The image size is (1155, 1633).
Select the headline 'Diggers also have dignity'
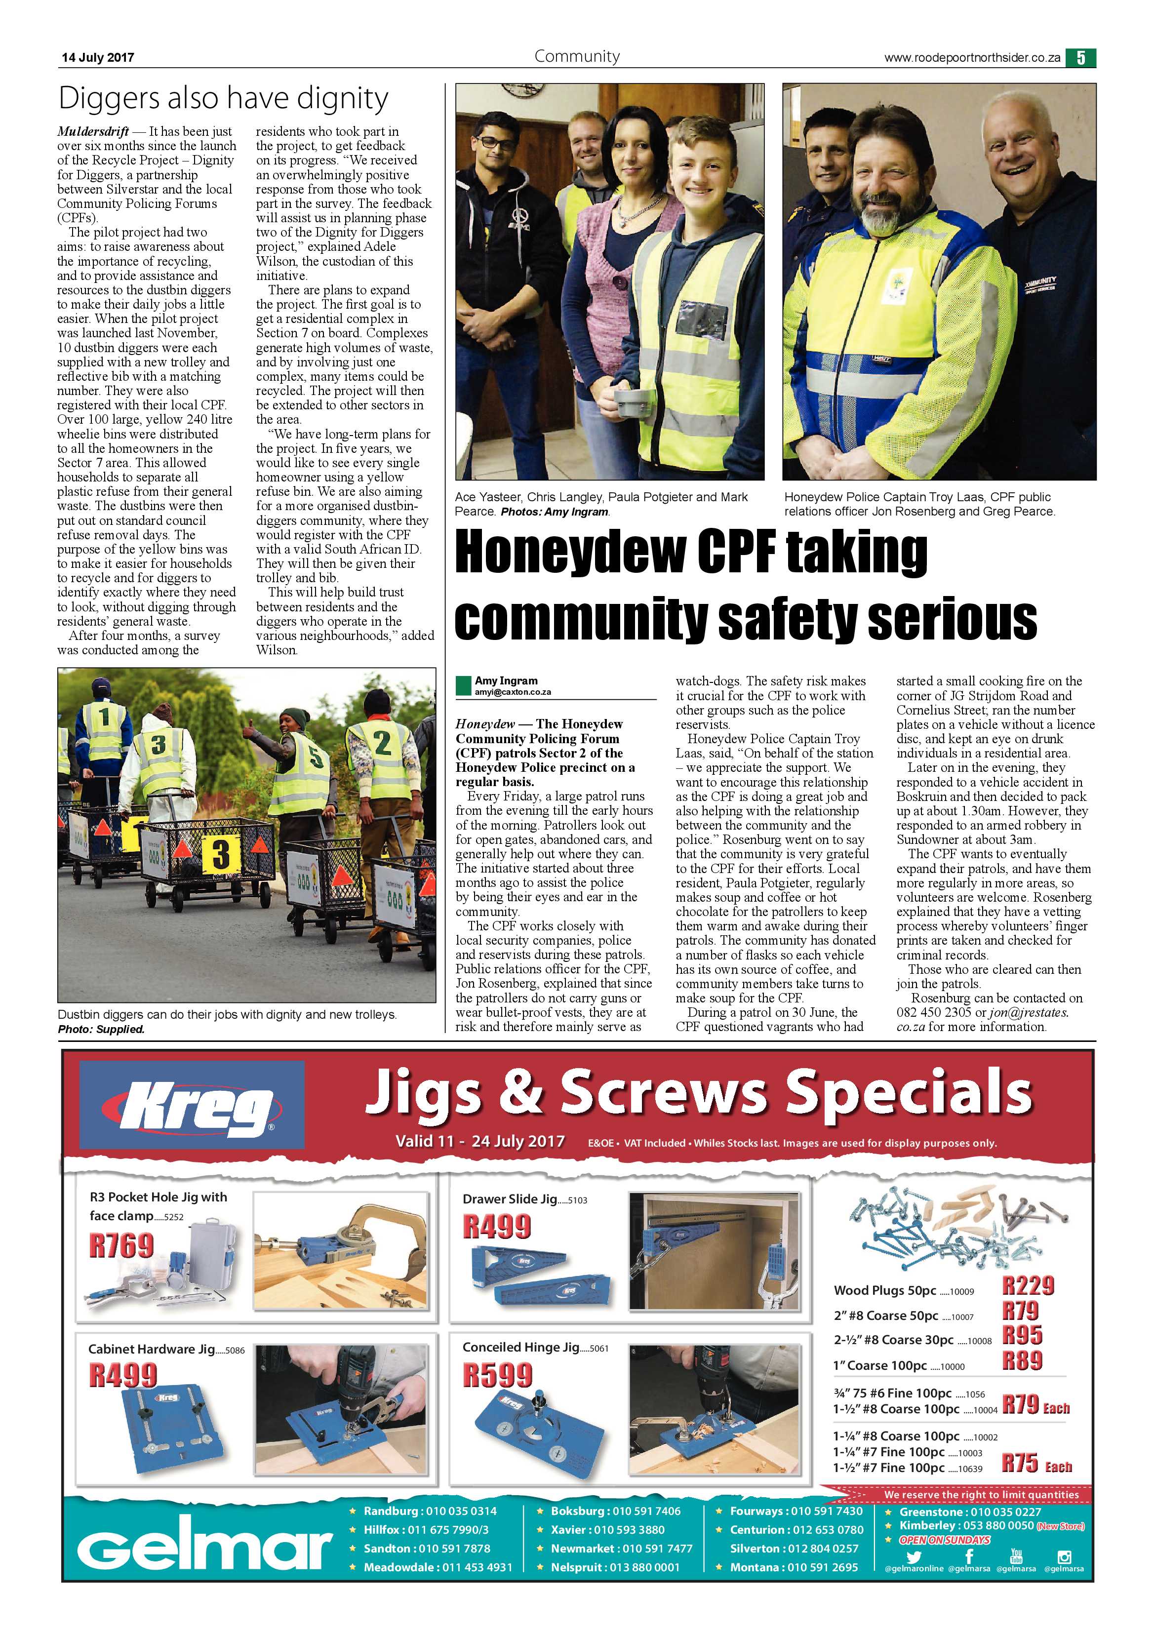[x=223, y=98]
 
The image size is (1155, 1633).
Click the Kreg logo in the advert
[x=192, y=1105]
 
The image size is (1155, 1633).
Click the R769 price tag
[x=121, y=1245]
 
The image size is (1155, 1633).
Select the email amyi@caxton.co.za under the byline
[x=513, y=691]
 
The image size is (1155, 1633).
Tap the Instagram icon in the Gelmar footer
[x=1064, y=1557]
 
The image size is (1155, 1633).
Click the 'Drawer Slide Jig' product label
[x=509, y=1199]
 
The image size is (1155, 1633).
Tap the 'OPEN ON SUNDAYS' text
[x=945, y=1539]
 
